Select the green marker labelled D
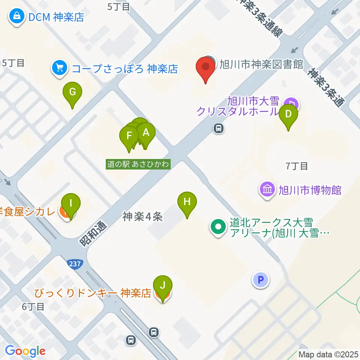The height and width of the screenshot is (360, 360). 288,114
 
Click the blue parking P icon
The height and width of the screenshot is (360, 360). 261,279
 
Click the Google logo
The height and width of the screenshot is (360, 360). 25,351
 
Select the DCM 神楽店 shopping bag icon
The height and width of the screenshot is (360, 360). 17,16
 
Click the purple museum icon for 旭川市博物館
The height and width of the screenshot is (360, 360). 268,189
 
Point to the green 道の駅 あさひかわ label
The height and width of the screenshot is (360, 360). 138,164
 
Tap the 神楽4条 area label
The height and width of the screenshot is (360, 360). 142,216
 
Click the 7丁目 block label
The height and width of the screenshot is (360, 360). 297,166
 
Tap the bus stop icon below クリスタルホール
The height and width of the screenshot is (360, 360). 218,129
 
